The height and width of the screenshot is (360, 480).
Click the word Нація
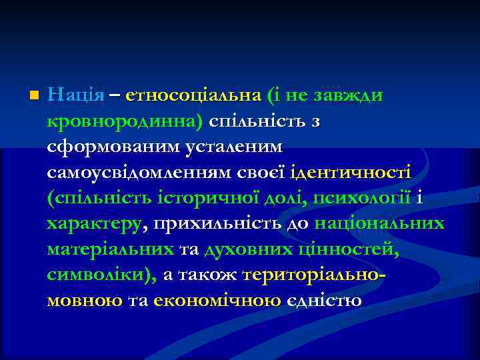(x=76, y=95)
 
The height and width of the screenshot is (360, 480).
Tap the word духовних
(x=239, y=249)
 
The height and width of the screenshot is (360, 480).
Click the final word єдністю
(x=323, y=301)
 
